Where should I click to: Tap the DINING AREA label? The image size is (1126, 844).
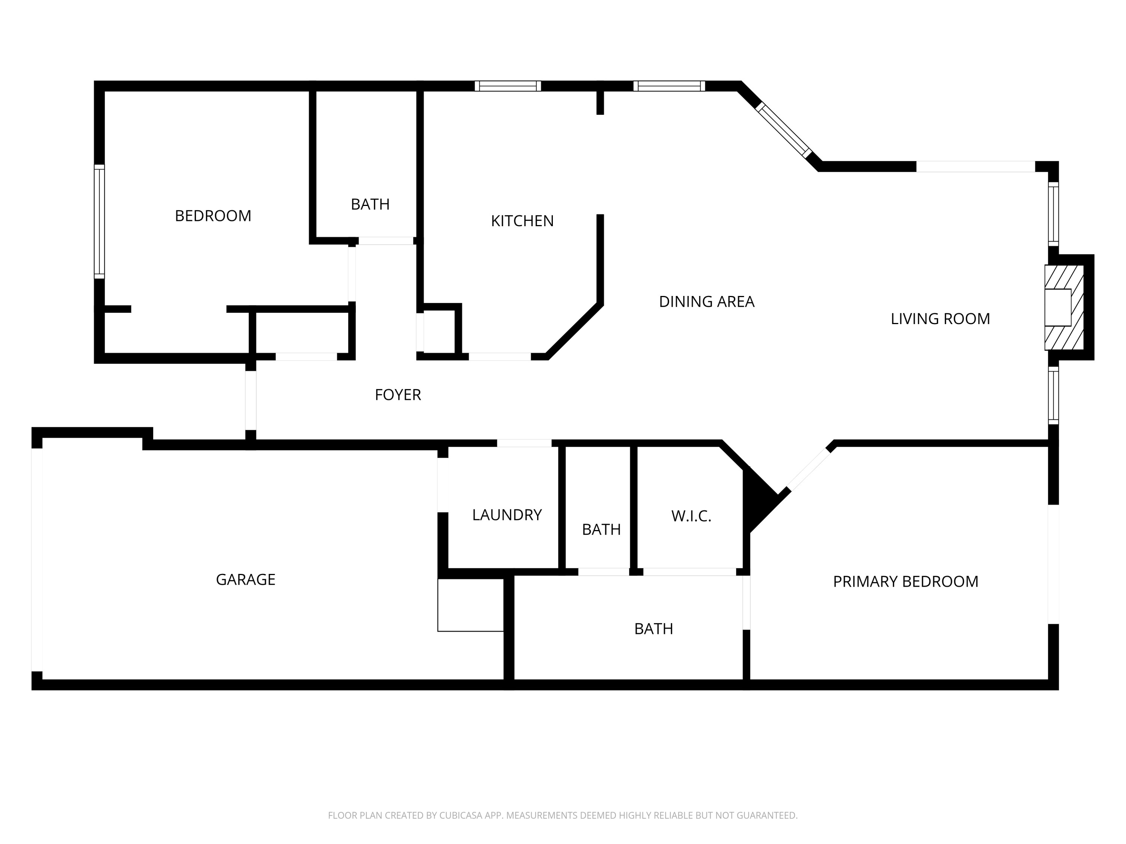(706, 302)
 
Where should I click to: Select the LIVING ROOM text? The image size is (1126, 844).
(940, 319)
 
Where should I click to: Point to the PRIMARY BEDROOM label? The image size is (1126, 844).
(905, 581)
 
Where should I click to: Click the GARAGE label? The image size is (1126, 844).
(245, 580)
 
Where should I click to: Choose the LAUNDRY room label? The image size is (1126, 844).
(506, 515)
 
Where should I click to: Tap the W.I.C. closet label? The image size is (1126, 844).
(691, 517)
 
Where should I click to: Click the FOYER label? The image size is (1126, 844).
(397, 395)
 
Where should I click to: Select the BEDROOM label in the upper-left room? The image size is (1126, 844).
(213, 216)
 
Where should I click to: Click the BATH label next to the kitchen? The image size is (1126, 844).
(370, 204)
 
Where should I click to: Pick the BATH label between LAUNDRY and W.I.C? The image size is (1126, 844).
(601, 530)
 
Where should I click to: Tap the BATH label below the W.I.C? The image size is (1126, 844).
(653, 629)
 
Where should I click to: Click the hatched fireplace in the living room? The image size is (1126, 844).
(1064, 307)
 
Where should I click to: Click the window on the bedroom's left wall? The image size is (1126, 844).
(99, 221)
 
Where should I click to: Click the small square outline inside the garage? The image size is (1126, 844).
(470, 605)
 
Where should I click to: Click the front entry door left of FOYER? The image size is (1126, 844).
(250, 400)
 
